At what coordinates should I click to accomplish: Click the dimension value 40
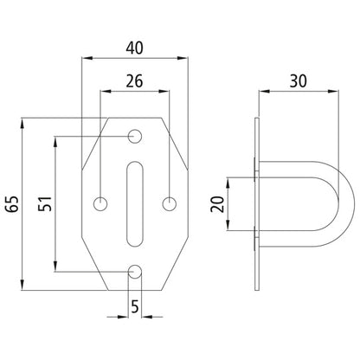coord(135,46)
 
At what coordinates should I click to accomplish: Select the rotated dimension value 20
coord(218,204)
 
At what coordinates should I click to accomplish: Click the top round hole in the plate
coord(136,136)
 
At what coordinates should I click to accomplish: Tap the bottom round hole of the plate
coord(136,272)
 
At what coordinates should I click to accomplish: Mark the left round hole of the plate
coord(102,204)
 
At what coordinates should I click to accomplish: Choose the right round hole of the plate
coord(170,204)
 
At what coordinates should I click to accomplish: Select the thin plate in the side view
coord(256,204)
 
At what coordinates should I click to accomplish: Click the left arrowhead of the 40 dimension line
coord(84,58)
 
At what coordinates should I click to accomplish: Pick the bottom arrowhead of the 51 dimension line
coord(56,267)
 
